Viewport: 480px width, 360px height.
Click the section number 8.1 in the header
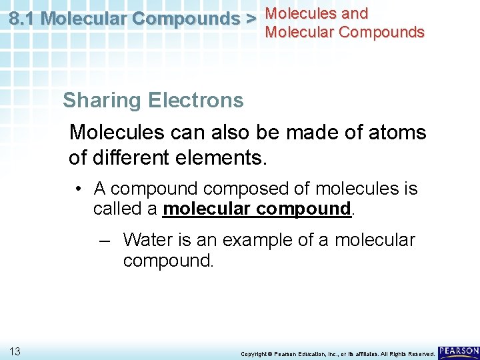23,19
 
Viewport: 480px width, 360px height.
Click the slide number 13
15,351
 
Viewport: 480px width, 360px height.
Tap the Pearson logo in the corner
458,350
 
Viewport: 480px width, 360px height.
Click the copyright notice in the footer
337,353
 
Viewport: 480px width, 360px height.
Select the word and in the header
354,13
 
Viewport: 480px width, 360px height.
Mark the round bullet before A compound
78,189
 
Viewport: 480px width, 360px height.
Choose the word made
313,132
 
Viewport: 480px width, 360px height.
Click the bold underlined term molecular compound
257,209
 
